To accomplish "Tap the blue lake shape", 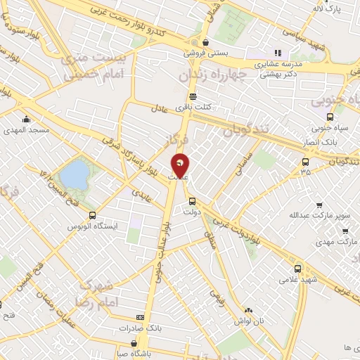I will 74,172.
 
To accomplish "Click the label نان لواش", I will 250,321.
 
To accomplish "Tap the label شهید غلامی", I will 298,280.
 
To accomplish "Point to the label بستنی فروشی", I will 202,53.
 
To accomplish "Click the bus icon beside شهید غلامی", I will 298,269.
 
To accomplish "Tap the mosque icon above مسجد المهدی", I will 26,119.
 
